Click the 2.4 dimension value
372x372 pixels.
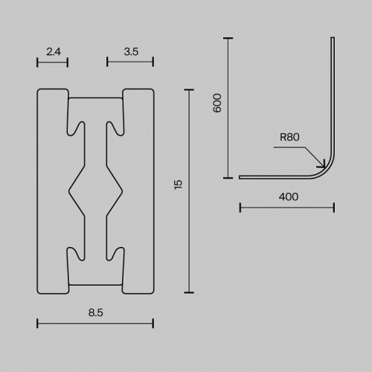click(x=54, y=52)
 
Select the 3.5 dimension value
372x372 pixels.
click(x=131, y=52)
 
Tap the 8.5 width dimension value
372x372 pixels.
click(x=96, y=312)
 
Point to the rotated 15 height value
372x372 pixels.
click(x=179, y=185)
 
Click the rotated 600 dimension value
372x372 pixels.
click(x=217, y=103)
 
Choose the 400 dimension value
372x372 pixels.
click(x=289, y=197)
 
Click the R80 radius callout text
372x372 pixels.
click(x=289, y=137)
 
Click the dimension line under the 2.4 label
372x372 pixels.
click(x=52, y=62)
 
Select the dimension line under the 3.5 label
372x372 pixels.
click(x=130, y=62)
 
